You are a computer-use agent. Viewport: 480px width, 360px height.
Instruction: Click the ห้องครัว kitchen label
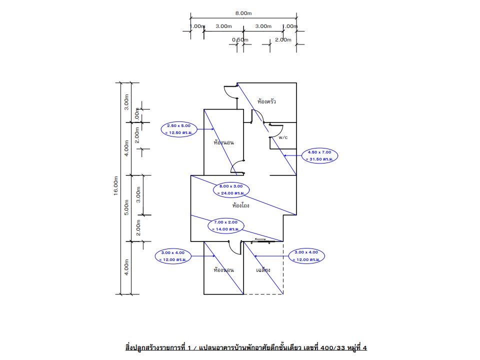click(x=266, y=101)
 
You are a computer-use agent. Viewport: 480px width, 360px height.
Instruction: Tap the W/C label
click(x=283, y=137)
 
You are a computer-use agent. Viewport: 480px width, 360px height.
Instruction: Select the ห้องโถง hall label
click(x=241, y=205)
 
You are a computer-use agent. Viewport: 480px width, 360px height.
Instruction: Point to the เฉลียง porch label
click(x=263, y=270)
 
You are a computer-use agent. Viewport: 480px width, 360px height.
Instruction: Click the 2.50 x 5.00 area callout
click(x=178, y=129)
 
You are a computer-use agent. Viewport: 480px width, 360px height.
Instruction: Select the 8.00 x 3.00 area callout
click(x=230, y=189)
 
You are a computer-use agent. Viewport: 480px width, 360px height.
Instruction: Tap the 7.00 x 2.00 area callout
click(x=224, y=225)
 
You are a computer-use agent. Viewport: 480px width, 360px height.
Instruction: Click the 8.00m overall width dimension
click(x=243, y=14)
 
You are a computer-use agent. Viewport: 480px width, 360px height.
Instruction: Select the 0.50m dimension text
click(x=240, y=39)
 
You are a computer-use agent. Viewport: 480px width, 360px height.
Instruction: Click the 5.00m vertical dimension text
click(x=127, y=207)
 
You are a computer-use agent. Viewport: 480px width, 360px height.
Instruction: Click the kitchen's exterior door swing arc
click(x=230, y=92)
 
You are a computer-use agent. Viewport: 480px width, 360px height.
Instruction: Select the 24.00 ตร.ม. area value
click(x=230, y=193)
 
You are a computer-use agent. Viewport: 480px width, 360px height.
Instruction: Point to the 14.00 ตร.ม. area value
click(x=224, y=228)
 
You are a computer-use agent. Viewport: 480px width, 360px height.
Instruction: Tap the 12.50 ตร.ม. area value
click(x=178, y=132)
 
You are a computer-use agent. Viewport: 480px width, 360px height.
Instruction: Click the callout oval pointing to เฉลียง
click(x=306, y=256)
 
